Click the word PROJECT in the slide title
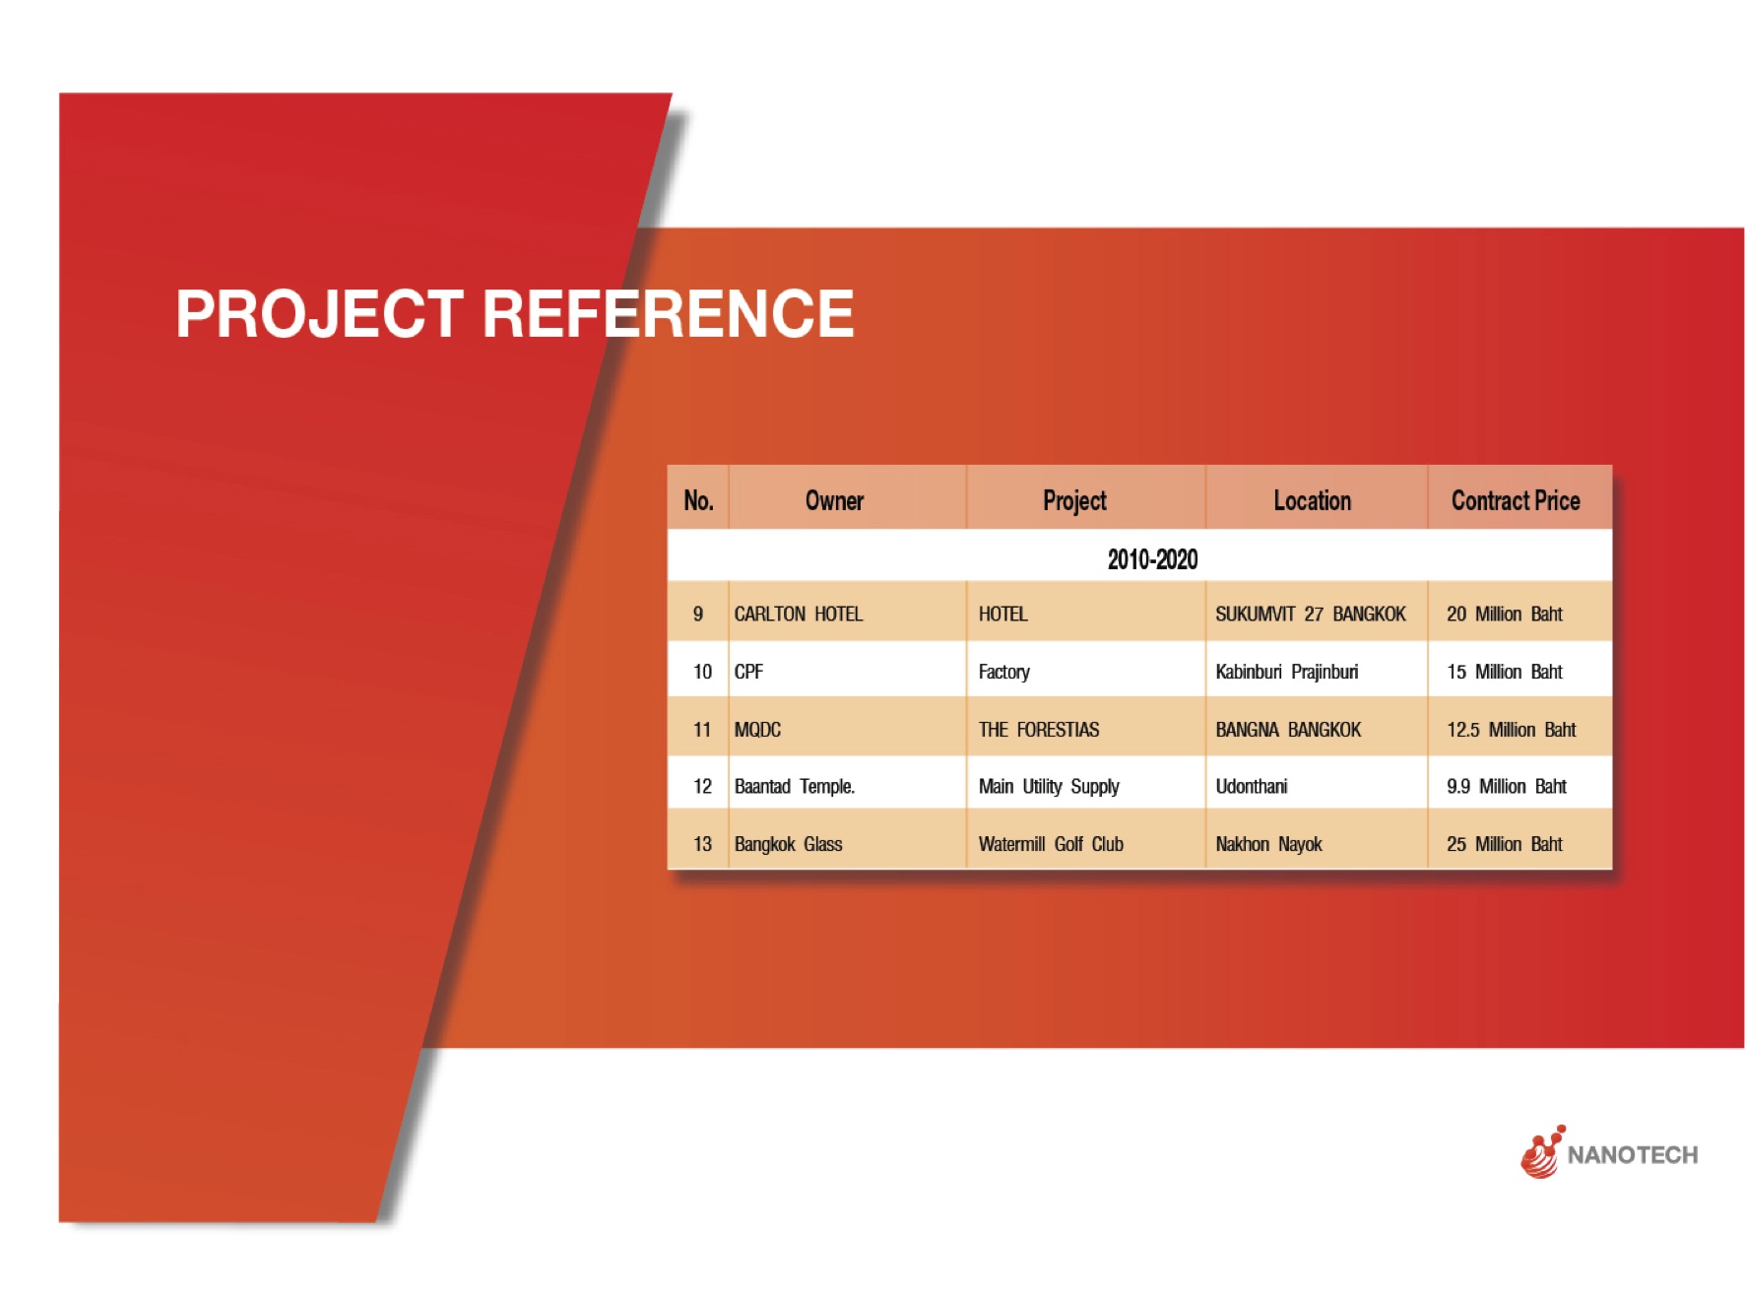click(319, 314)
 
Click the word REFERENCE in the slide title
click(668, 314)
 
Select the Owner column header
click(834, 500)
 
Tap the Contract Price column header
click(1516, 500)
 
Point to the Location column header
click(1312, 500)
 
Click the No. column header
click(698, 500)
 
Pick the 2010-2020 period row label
click(1152, 559)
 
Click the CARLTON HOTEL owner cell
click(799, 614)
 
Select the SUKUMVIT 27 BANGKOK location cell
click(1311, 614)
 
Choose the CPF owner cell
click(748, 672)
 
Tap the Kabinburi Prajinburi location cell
click(1287, 672)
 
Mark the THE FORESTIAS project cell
click(1039, 729)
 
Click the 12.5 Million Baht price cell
click(1512, 729)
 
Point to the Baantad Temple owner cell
click(795, 786)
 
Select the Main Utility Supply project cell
click(1049, 786)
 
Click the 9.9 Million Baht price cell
click(1507, 786)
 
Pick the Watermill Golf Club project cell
click(1051, 844)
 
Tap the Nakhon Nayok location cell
click(1268, 844)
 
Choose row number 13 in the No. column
click(702, 844)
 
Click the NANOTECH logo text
click(1633, 1155)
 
